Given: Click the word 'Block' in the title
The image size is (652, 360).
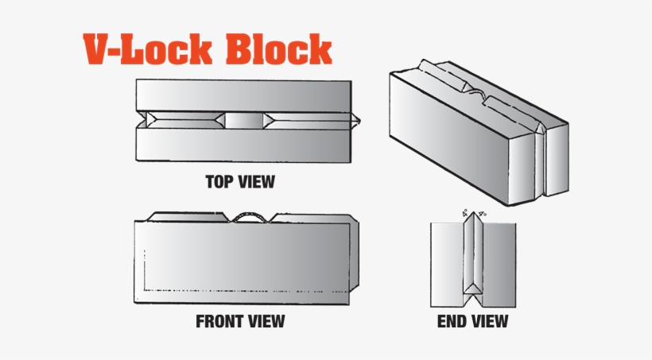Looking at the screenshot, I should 278,50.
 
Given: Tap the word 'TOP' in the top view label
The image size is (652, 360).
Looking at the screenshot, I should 220,182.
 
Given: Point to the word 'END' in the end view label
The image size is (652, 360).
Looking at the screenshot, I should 453,322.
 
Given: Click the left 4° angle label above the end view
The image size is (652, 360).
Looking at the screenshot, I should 464,214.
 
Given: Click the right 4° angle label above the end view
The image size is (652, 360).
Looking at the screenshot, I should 483,214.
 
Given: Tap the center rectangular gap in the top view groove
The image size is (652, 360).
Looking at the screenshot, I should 244,121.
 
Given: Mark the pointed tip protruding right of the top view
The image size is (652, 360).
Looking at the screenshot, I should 359,121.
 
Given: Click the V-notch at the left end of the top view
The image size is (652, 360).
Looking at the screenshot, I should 144,120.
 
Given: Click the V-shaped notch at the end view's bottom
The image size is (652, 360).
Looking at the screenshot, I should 473,300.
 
